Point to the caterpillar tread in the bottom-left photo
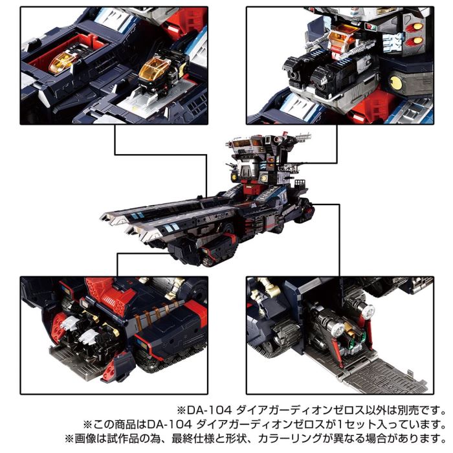click(162, 362)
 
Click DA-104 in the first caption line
click(206, 410)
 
